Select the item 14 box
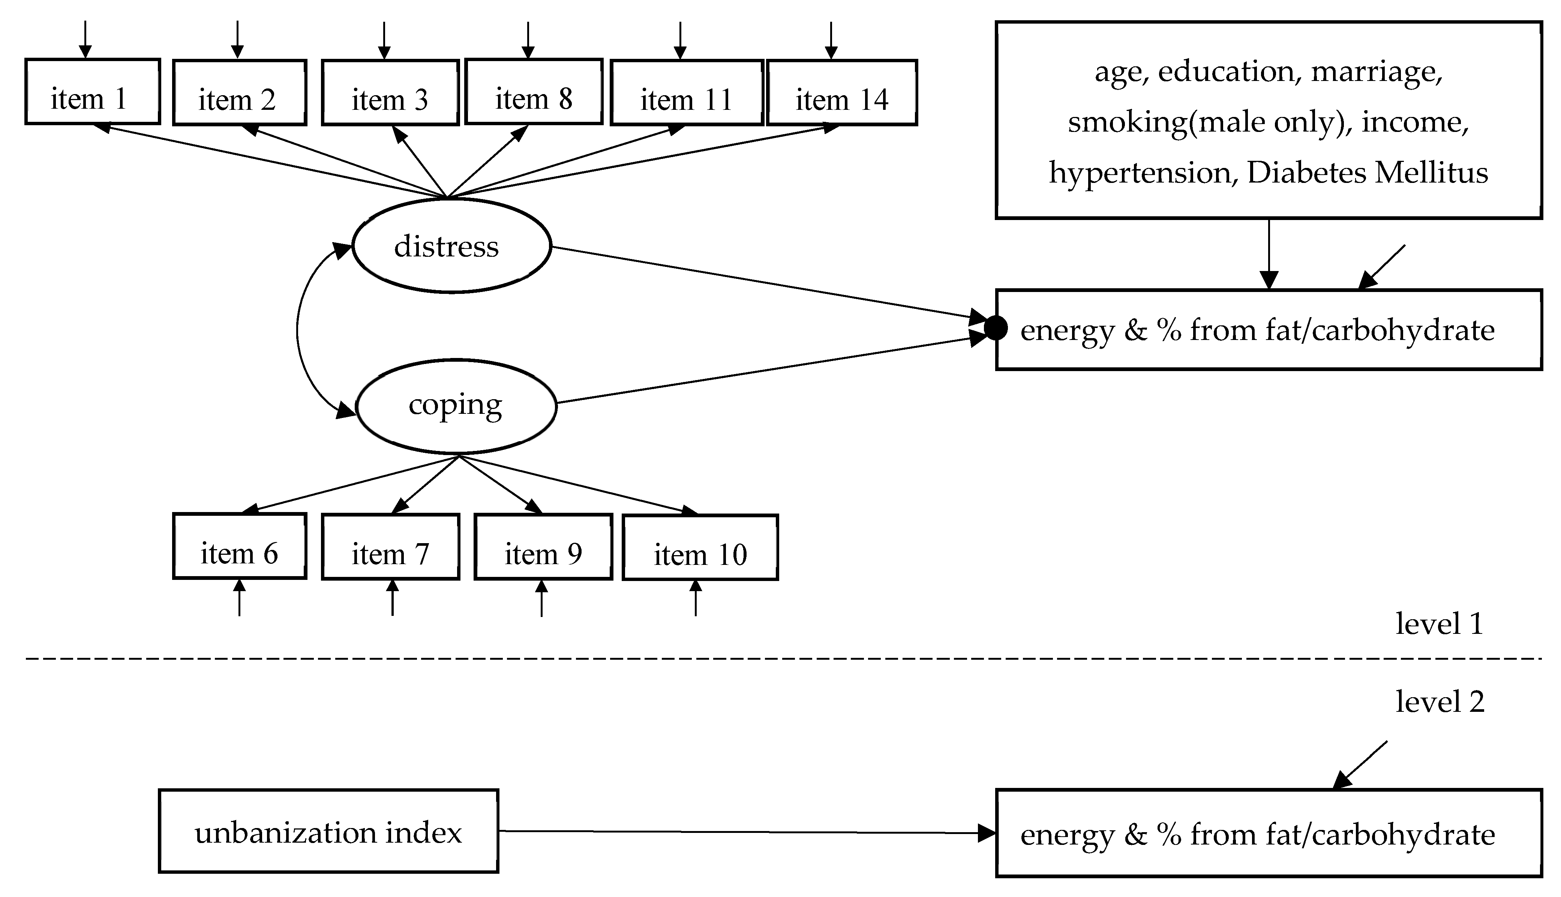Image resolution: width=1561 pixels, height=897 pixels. (842, 93)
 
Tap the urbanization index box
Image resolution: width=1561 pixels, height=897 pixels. (328, 831)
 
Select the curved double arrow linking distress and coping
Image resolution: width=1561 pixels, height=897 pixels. (298, 329)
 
